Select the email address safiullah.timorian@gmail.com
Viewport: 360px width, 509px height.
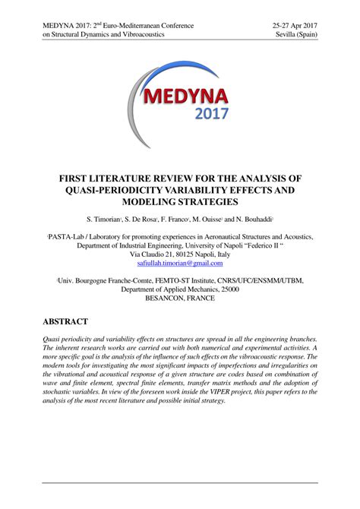(x=180, y=264)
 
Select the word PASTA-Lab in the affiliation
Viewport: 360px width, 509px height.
(x=72, y=237)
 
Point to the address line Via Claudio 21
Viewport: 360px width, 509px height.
(x=153, y=254)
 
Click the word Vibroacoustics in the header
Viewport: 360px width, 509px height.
(x=150, y=36)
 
